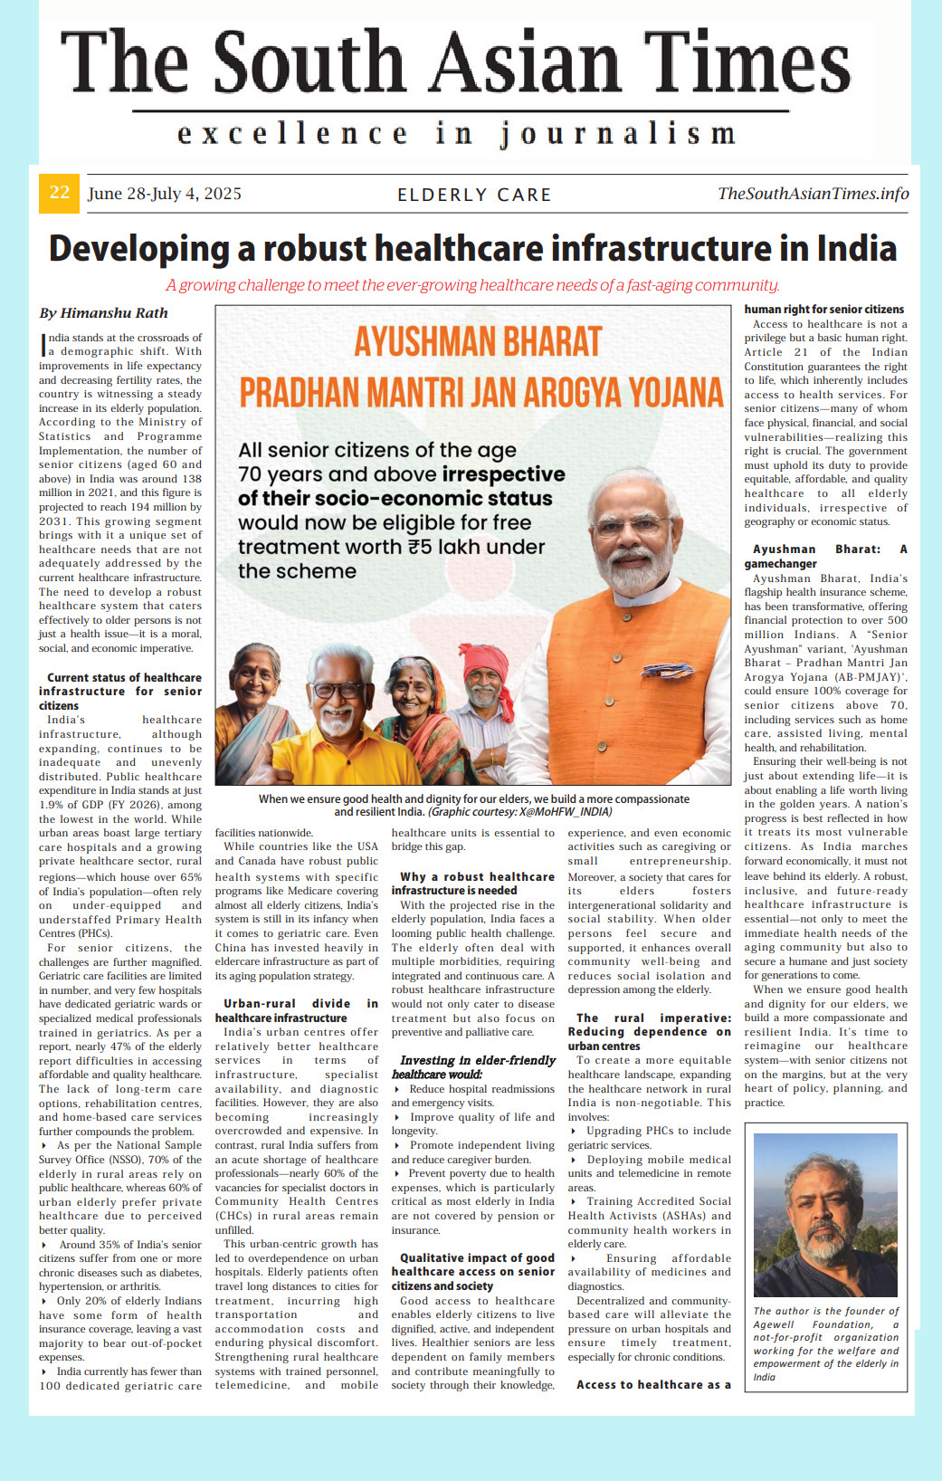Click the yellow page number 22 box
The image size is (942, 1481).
(x=59, y=193)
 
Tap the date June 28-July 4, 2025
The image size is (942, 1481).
(x=164, y=194)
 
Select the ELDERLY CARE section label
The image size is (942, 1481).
(x=474, y=195)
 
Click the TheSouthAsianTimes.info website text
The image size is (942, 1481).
(x=813, y=194)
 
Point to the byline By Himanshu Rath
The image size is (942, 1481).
(x=103, y=313)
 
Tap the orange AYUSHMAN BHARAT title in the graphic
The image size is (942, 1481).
(x=478, y=342)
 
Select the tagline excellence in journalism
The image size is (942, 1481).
(x=456, y=134)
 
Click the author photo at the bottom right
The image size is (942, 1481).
(x=825, y=1215)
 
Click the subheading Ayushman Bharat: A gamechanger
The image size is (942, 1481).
(x=825, y=556)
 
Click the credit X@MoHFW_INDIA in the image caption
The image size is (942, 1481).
(x=561, y=812)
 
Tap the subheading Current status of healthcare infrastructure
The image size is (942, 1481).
(x=120, y=691)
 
